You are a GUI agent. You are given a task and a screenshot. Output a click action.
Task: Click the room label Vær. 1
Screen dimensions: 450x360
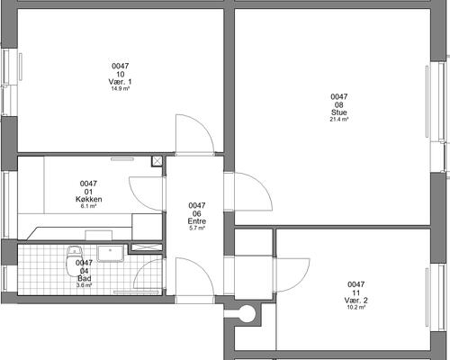120,82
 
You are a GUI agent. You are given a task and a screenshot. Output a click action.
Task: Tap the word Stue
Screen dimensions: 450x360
339,112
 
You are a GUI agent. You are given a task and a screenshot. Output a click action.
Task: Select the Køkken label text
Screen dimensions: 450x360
89,199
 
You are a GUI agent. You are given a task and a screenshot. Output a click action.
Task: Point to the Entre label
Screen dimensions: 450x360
197,221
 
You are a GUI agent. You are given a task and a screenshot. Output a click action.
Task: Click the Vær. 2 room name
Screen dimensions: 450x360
355,301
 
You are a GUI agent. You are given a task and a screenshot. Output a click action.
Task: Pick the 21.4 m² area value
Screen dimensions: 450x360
339,119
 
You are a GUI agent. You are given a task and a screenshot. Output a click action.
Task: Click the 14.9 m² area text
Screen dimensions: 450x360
121,88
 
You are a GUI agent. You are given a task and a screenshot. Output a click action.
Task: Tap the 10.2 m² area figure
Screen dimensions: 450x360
356,307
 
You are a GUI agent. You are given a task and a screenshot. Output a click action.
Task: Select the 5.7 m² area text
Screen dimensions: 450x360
197,228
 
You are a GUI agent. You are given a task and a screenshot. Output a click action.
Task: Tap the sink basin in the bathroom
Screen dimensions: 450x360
111,253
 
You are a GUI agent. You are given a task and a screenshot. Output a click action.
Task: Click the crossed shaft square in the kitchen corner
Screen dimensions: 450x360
157,161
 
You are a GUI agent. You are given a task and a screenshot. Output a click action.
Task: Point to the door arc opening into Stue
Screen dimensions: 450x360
262,184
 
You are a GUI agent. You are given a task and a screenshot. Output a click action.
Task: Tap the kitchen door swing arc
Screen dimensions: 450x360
136,198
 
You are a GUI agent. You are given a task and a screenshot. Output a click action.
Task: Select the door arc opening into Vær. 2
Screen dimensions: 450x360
301,282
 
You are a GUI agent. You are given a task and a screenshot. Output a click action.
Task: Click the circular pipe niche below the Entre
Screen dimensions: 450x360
247,313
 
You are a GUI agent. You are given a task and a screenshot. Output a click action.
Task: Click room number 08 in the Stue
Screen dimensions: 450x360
339,104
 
